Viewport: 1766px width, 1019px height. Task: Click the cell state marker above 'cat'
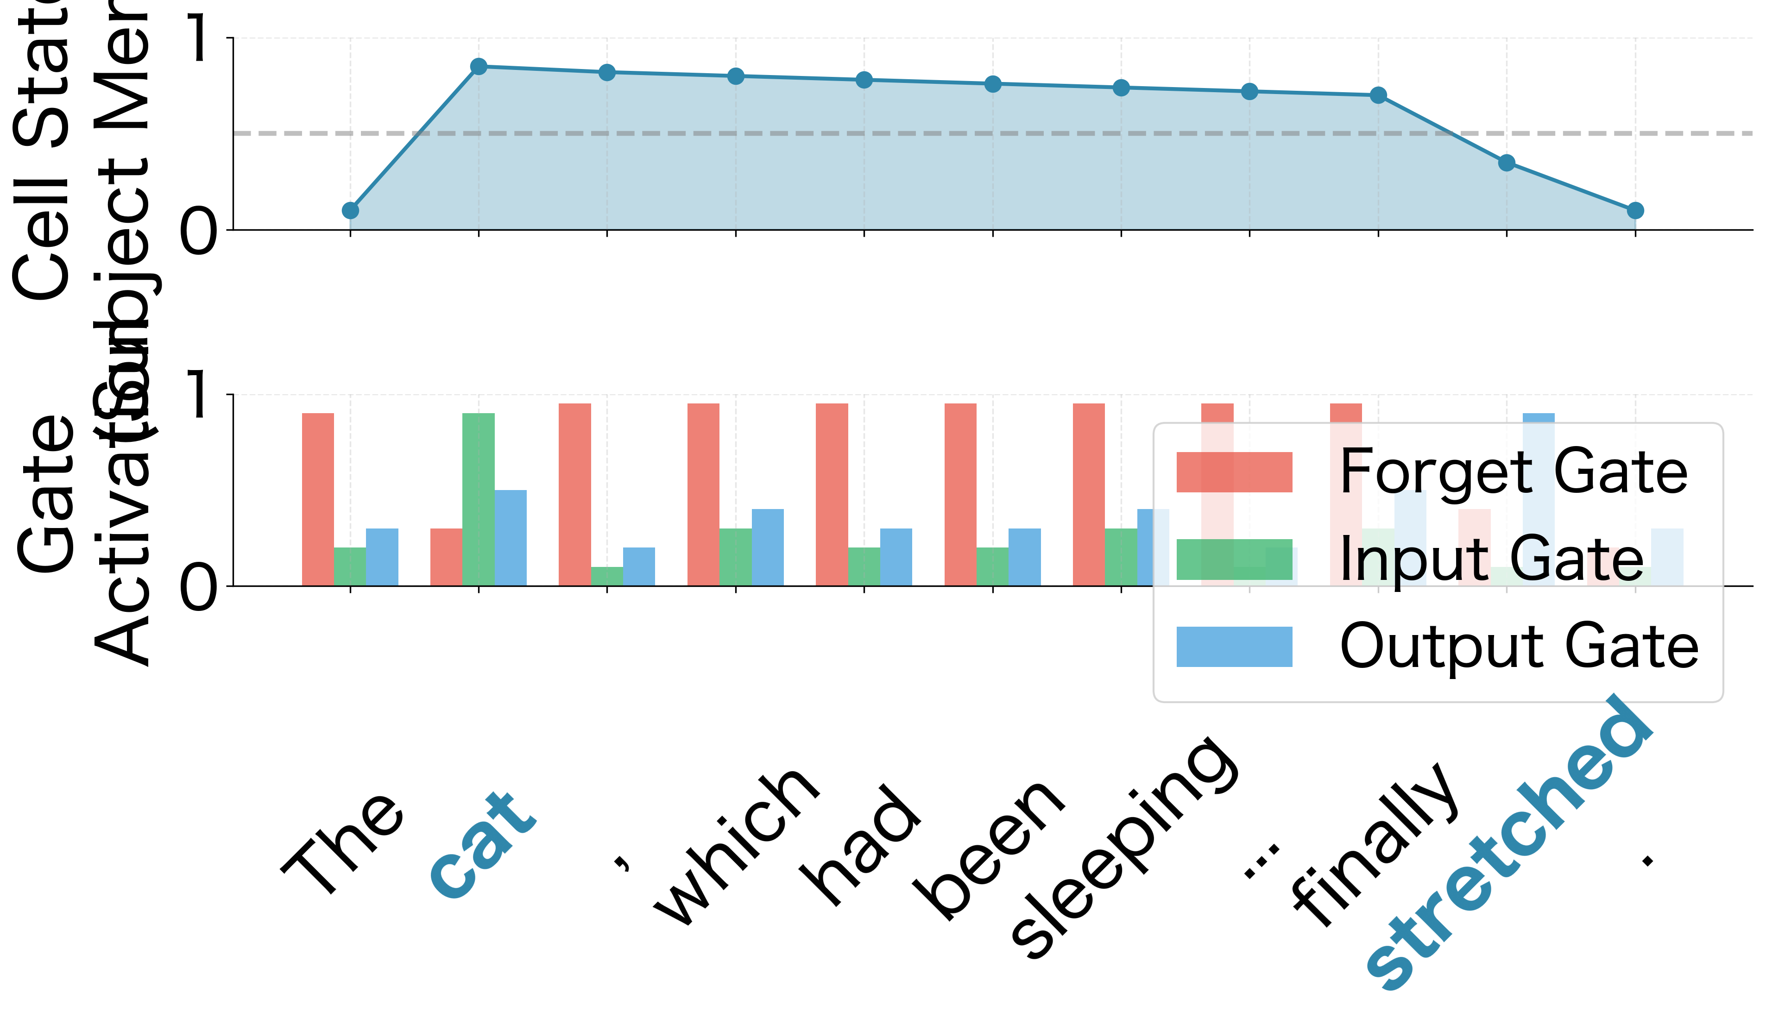pos(479,67)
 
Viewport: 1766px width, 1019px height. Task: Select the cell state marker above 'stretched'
pos(1507,163)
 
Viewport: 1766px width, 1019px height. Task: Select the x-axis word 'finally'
pos(1375,847)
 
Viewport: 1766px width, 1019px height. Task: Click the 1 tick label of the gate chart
pos(200,396)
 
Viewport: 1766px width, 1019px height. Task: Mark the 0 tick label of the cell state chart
pos(200,231)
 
